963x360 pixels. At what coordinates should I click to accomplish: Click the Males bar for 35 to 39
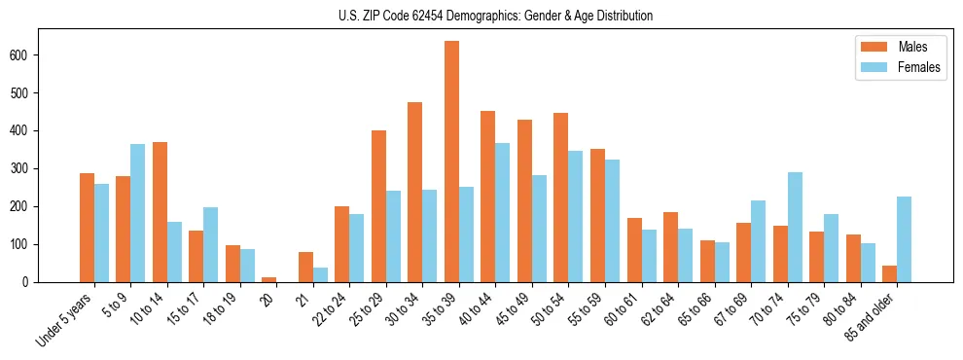point(451,162)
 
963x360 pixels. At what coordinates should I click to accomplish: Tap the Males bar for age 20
point(269,279)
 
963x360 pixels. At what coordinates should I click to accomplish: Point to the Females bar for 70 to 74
point(795,227)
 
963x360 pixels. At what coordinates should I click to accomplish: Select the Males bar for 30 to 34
point(415,192)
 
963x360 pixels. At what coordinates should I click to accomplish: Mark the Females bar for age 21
point(320,274)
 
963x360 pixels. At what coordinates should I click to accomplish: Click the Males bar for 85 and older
point(889,273)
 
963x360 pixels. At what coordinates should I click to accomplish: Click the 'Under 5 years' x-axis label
point(65,319)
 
